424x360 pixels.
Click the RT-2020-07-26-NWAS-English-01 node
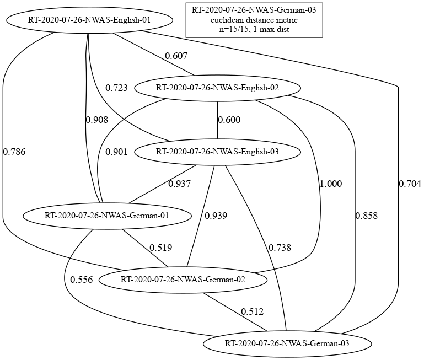point(89,20)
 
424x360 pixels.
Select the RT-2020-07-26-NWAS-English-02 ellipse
point(217,88)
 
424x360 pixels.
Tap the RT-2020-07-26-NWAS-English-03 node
point(217,152)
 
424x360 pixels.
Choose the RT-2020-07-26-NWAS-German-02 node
point(183,280)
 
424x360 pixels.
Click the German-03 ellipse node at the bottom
point(287,343)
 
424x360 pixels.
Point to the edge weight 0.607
point(176,56)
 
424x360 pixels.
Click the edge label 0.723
point(116,88)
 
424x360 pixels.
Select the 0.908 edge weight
point(97,120)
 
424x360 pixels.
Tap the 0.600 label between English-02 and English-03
point(229,120)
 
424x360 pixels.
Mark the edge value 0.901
point(116,152)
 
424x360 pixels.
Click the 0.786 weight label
point(14,152)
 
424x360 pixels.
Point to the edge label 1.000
point(331,184)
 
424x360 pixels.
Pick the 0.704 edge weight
point(410,184)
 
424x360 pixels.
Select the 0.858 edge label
point(367,216)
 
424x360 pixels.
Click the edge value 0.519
point(161,248)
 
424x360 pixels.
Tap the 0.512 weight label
point(253,311)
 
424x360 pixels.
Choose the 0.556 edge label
point(82,280)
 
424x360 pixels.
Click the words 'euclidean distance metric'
point(254,20)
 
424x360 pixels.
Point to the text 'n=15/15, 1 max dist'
point(254,29)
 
